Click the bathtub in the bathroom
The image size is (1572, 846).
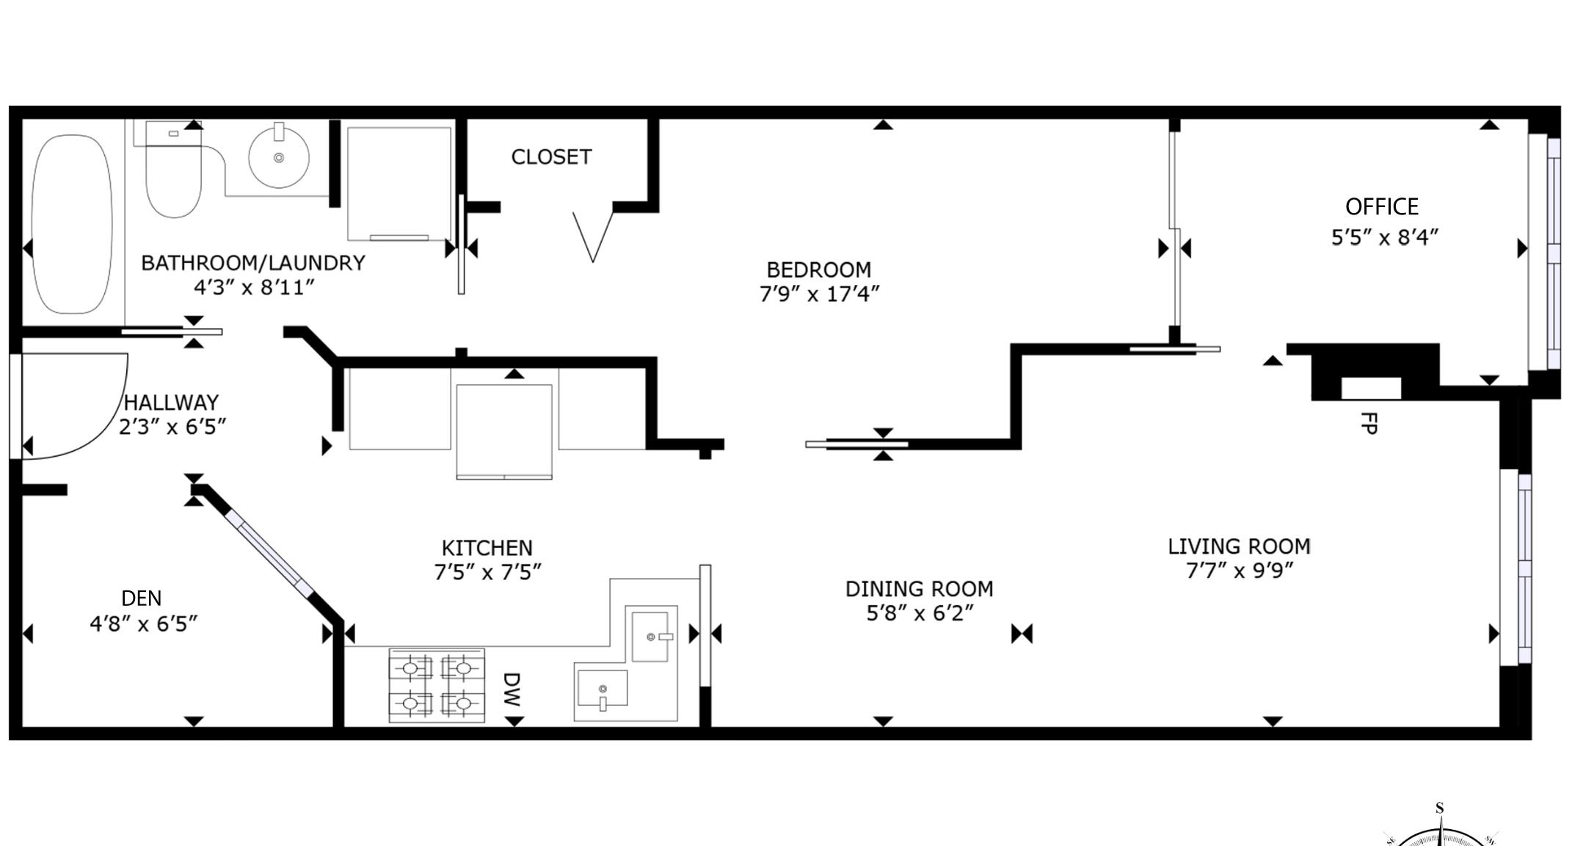pos(72,224)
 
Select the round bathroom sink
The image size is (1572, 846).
pos(279,156)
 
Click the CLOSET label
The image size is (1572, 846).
pos(551,157)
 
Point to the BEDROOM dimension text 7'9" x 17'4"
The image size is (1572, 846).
pos(819,294)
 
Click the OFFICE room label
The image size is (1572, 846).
pos(1382,207)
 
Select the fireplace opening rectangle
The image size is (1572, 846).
pos(1371,388)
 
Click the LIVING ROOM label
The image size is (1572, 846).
pos(1239,546)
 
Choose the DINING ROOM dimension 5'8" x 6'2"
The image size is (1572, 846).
pos(920,612)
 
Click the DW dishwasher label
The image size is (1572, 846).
pos(512,690)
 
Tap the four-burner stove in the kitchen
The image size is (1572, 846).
pos(437,685)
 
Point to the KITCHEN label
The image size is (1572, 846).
pos(487,548)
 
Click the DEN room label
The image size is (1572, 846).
pos(141,599)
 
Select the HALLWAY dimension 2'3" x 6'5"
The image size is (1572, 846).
pos(172,427)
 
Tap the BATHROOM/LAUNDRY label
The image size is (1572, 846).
pos(252,263)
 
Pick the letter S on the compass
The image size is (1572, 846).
pos(1439,809)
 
